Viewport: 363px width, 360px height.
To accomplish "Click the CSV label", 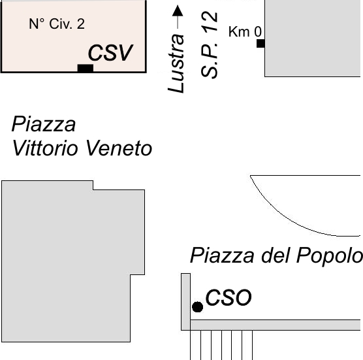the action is (x=110, y=52).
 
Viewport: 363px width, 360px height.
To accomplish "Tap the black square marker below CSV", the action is (x=85, y=68).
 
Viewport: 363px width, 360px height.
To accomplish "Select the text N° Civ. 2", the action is (x=57, y=24).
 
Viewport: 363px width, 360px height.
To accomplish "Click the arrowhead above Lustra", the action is (x=178, y=10).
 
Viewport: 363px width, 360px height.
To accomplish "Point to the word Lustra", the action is (x=176, y=63).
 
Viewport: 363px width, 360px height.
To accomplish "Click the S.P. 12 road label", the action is (x=210, y=44).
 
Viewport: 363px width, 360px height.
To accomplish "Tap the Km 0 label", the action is (x=245, y=31).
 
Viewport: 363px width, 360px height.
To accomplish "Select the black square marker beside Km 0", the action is (x=260, y=43).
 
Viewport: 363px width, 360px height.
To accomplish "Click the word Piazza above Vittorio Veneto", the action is (x=44, y=124).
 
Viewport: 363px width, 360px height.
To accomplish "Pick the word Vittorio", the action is (x=45, y=148).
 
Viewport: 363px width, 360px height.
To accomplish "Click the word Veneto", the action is (x=119, y=148).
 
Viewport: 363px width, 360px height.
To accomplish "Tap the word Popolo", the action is (x=330, y=256).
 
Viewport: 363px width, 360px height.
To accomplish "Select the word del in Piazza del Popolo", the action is (x=276, y=255).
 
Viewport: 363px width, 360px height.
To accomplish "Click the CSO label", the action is (x=229, y=297).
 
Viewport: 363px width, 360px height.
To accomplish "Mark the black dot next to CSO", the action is (x=197, y=307).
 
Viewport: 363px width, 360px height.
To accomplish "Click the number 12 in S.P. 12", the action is (x=210, y=22).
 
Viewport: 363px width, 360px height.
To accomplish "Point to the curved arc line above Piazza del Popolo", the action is (x=289, y=219).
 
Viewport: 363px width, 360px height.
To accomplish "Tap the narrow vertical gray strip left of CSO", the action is (x=185, y=302).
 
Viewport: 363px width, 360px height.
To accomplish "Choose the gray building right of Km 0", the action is (x=313, y=39).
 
